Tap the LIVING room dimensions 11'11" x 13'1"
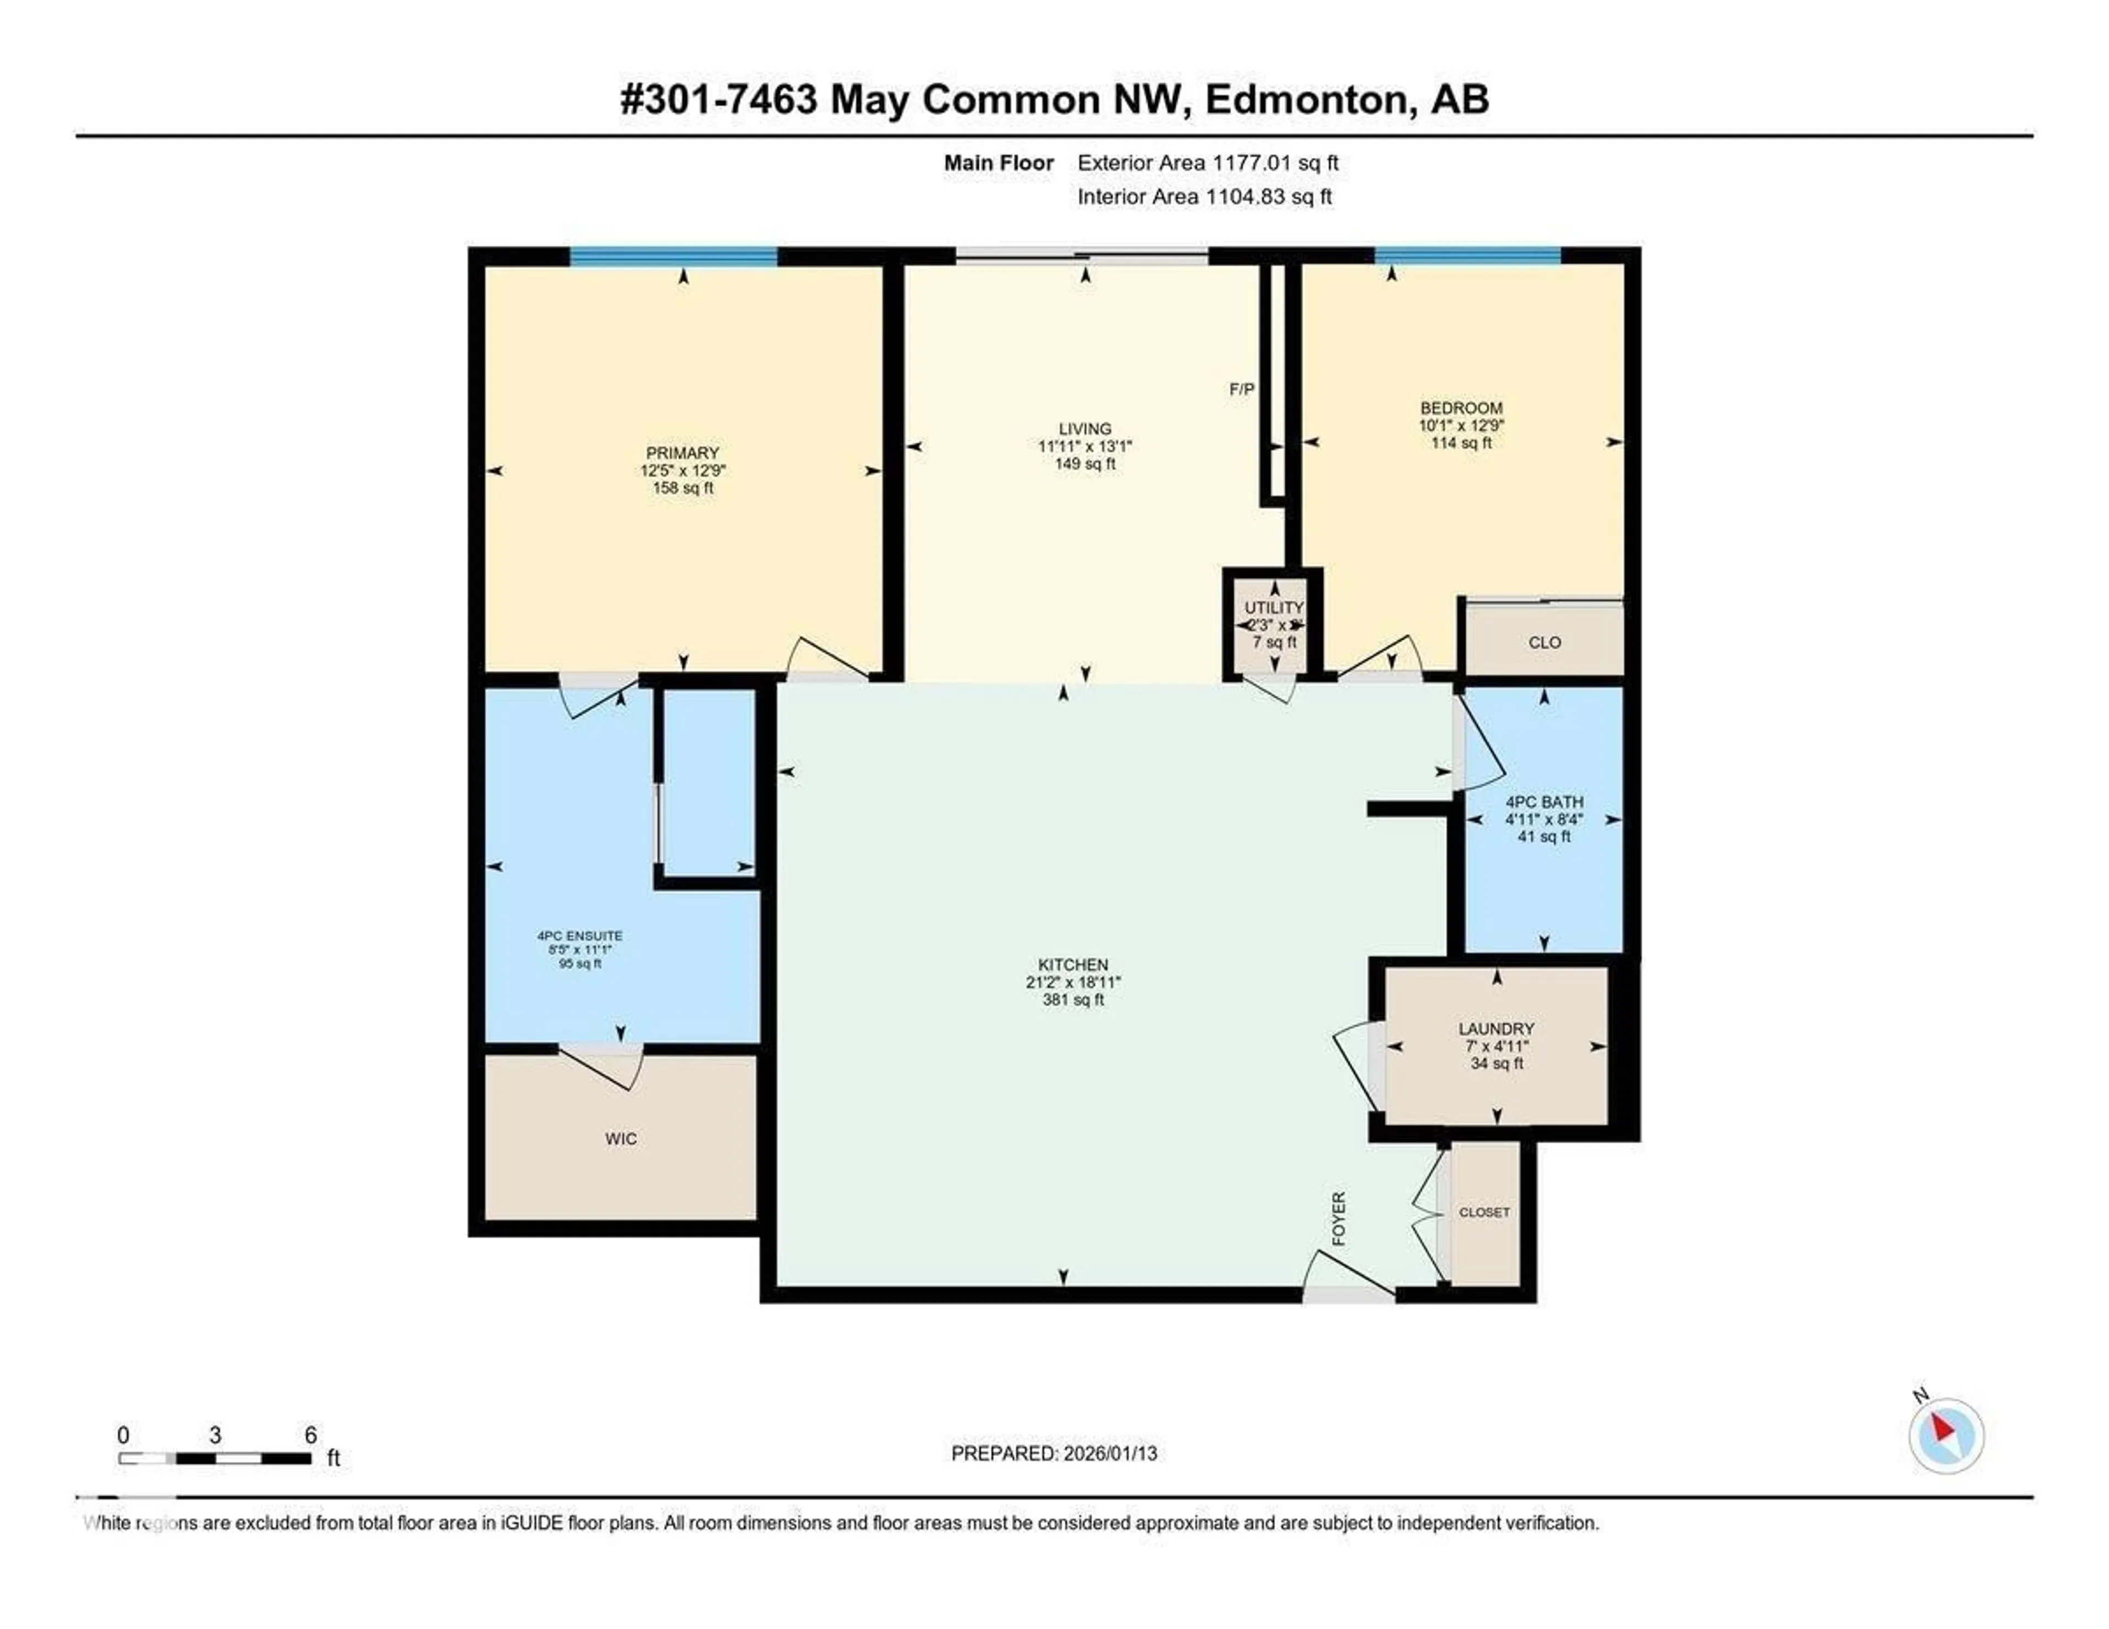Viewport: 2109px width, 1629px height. coord(1085,446)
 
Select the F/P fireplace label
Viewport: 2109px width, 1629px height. coord(1241,389)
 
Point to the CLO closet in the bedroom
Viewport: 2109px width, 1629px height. coord(1544,642)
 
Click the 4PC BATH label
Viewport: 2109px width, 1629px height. coord(1543,801)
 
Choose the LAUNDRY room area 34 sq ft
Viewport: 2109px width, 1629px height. coord(1496,1063)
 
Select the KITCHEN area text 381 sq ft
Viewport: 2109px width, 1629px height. coord(1072,1000)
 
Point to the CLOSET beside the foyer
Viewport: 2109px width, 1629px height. coord(1483,1212)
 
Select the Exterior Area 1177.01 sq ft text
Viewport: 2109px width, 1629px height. coord(1207,163)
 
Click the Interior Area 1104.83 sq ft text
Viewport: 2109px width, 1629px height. coord(1204,197)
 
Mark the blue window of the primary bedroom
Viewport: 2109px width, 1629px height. coord(673,256)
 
